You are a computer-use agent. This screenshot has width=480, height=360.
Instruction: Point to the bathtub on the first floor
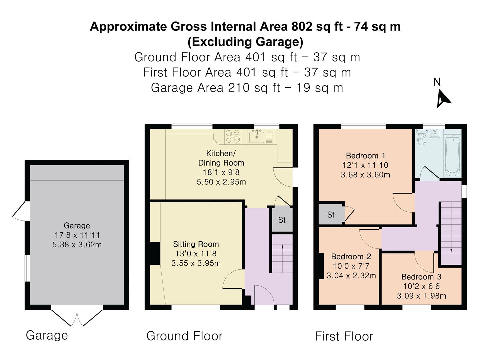pyautogui.click(x=453, y=155)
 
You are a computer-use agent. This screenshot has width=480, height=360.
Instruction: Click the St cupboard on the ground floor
pyautogui.click(x=282, y=220)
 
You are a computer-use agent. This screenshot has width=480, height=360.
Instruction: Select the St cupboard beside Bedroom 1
pyautogui.click(x=331, y=215)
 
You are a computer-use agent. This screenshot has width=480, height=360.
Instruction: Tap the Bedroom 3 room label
pyautogui.click(x=421, y=277)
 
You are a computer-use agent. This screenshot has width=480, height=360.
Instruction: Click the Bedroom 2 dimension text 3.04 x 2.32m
pyautogui.click(x=351, y=276)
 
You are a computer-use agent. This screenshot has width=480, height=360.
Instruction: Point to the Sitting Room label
pyautogui.click(x=196, y=244)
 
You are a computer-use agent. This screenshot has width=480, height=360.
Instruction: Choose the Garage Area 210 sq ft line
pyautogui.click(x=247, y=88)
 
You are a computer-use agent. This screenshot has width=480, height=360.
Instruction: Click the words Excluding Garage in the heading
pyautogui.click(x=245, y=42)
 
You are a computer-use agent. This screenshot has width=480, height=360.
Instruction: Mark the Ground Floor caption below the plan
pyautogui.click(x=184, y=336)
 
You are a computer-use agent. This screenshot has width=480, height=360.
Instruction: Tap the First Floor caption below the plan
pyautogui.click(x=344, y=336)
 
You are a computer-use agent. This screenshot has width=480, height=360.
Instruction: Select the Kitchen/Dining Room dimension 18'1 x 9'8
pyautogui.click(x=221, y=172)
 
